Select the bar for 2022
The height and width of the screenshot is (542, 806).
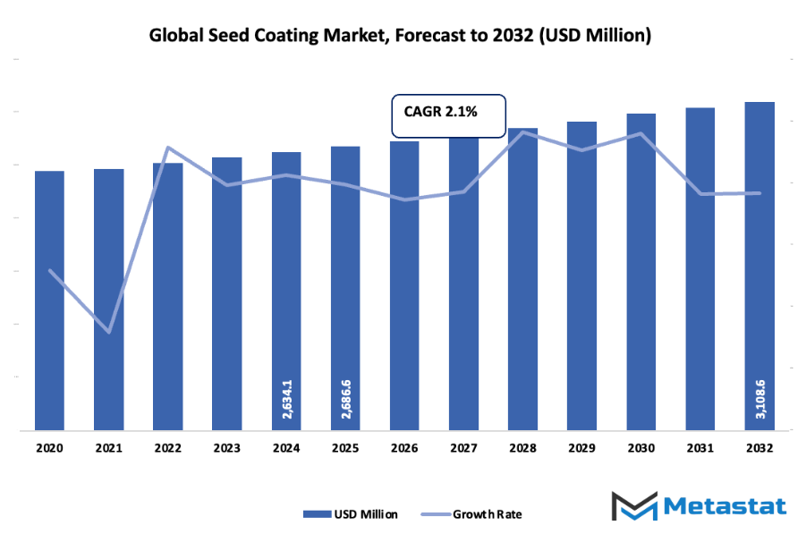pos(168,296)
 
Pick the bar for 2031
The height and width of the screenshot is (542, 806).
pos(700,268)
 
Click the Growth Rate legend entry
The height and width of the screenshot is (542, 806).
pos(474,514)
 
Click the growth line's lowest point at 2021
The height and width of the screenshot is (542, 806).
pos(109,332)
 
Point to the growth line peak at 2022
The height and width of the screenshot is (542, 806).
pos(168,148)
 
